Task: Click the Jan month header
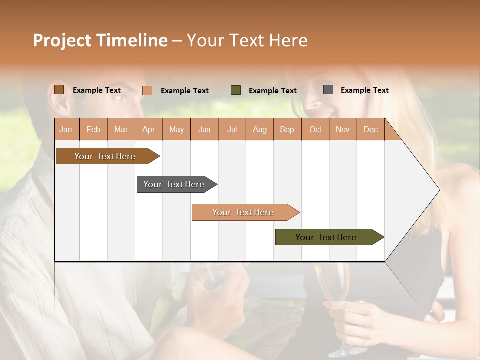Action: [x=66, y=129]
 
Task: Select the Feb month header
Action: [x=93, y=129]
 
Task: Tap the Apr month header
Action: [x=148, y=129]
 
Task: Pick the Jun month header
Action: [x=204, y=129]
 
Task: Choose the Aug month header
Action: [x=259, y=129]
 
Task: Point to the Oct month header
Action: [x=315, y=129]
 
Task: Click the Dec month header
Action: [x=370, y=129]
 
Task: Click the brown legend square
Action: [x=59, y=90]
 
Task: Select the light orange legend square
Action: [x=147, y=90]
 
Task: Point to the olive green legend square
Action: [x=236, y=90]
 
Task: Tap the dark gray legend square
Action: [x=328, y=90]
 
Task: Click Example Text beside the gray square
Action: [x=364, y=90]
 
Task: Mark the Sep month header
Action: [x=287, y=129]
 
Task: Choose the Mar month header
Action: [x=121, y=129]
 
